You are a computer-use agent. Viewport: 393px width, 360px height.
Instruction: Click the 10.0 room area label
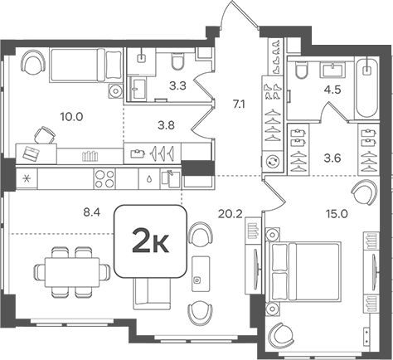[x=73, y=117]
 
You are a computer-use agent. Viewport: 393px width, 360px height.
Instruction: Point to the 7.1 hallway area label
[x=240, y=105]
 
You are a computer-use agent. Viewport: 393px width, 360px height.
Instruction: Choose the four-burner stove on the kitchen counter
[x=104, y=178]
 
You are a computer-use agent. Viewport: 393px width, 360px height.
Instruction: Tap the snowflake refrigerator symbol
[x=27, y=178]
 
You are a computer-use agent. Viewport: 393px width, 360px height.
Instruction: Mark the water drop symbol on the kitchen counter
[x=148, y=178]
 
